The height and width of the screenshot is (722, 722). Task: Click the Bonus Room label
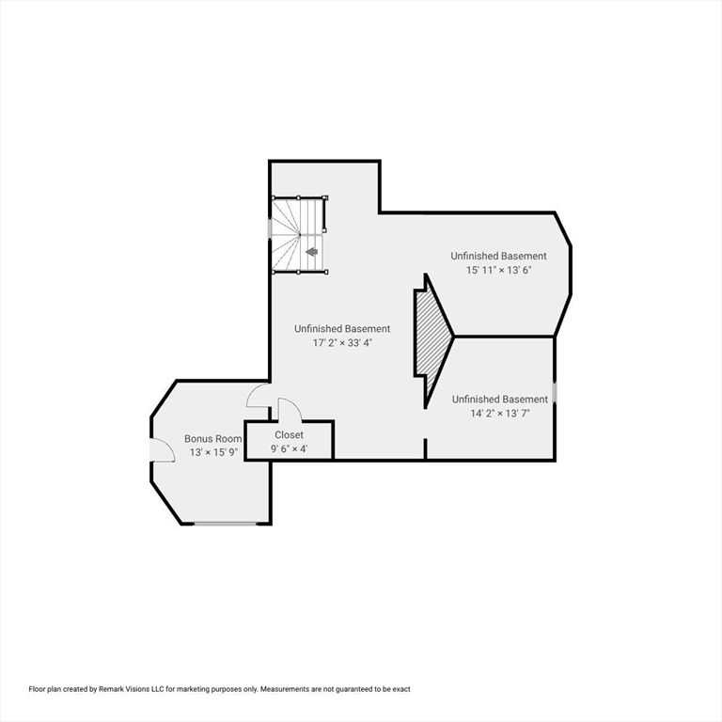click(x=212, y=438)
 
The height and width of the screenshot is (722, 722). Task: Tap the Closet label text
click(x=289, y=435)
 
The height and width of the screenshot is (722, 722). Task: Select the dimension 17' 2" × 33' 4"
click(x=341, y=343)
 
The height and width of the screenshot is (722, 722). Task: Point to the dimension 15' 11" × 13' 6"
click(x=498, y=270)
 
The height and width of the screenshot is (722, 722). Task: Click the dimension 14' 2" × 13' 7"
click(x=499, y=413)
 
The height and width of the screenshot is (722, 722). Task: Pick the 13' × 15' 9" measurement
click(x=212, y=452)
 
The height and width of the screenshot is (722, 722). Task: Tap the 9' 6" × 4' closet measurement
click(x=289, y=448)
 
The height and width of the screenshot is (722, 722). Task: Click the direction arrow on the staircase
click(x=312, y=251)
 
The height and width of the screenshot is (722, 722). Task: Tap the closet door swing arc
click(x=290, y=409)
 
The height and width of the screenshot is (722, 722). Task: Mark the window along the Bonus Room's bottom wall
click(x=226, y=523)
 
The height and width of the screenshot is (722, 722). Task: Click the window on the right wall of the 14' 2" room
click(x=555, y=391)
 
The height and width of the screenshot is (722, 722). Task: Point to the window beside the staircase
click(x=271, y=228)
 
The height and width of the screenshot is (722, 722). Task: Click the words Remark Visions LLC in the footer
click(x=132, y=689)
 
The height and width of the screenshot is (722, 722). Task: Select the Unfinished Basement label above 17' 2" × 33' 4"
click(x=341, y=329)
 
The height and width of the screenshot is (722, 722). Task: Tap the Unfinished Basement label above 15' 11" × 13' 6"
click(x=498, y=256)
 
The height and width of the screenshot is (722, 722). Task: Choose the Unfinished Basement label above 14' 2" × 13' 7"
click(x=499, y=399)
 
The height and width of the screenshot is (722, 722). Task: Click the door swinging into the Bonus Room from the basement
click(x=257, y=397)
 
